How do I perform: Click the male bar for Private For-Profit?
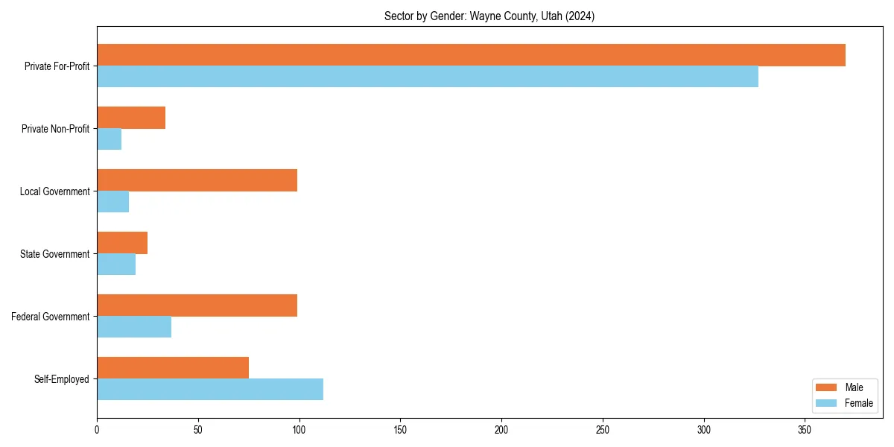(471, 55)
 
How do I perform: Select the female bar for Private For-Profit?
(428, 77)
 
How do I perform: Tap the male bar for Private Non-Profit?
(131, 118)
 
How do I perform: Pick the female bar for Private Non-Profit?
(110, 139)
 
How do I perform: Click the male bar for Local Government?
(197, 180)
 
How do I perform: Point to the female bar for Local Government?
(113, 202)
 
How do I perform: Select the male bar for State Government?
(122, 243)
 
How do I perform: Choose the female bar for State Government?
(116, 264)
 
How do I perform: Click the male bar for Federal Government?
(197, 305)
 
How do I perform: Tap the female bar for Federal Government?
(134, 327)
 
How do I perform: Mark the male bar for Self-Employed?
(173, 368)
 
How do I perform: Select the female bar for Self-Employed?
(210, 390)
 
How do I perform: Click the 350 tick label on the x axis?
(805, 430)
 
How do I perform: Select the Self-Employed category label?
(61, 379)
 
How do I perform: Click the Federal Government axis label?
(50, 317)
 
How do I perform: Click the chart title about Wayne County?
(489, 16)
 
